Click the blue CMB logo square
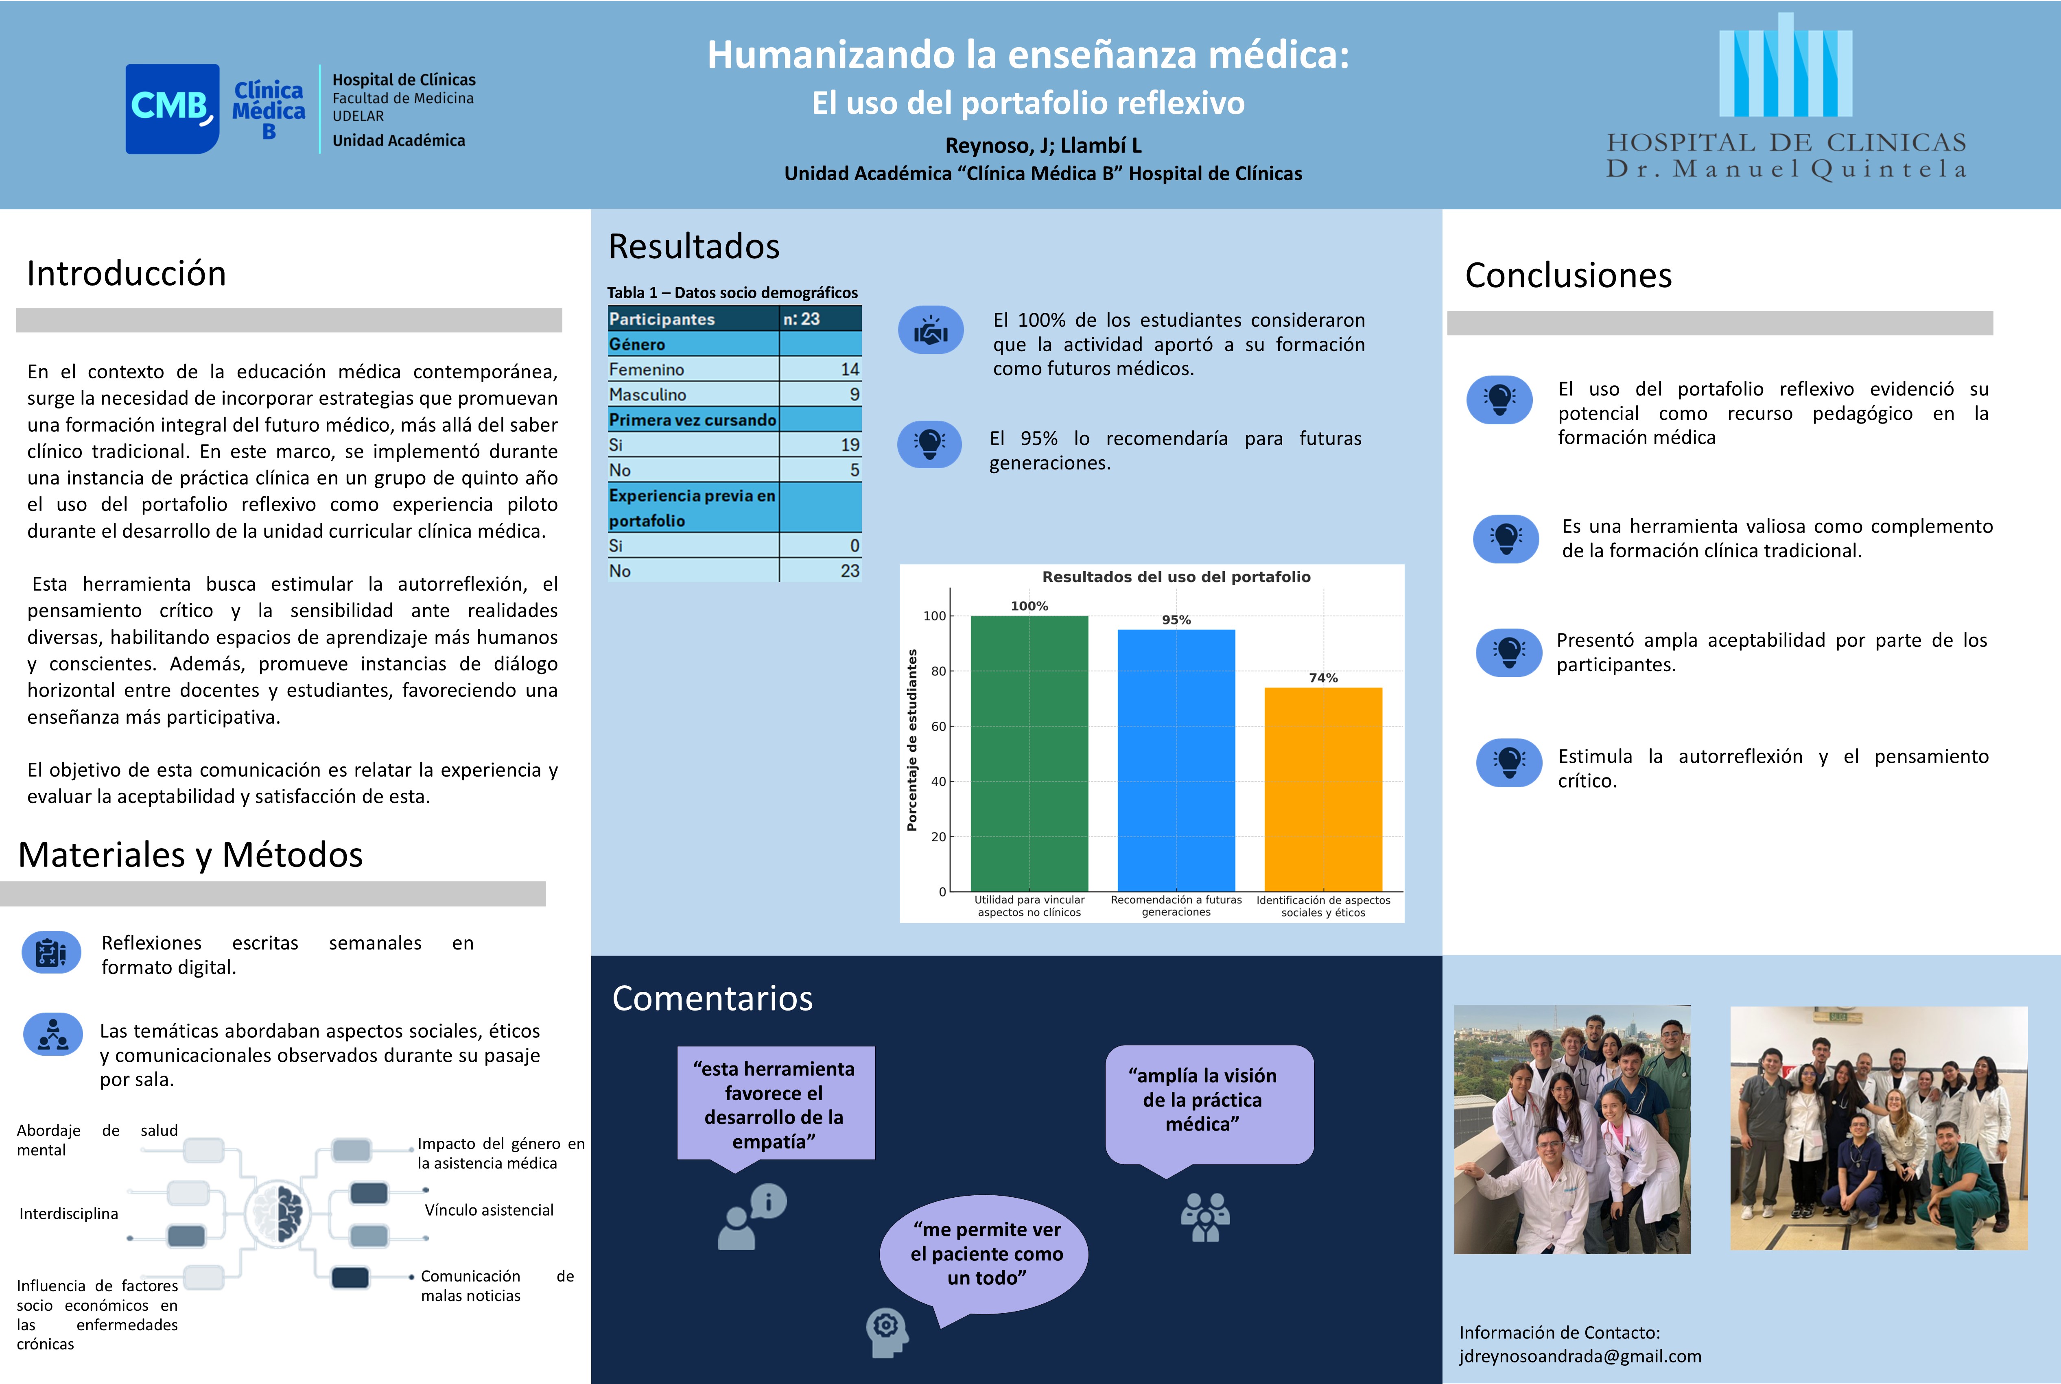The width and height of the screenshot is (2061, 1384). (172, 109)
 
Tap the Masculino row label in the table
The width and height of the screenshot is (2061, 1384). (648, 395)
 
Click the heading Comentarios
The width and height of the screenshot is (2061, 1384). (712, 998)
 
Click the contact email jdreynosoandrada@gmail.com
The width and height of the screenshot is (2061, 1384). (1580, 1356)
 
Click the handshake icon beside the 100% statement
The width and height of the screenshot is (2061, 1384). (930, 331)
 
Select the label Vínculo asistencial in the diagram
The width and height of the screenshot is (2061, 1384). (489, 1210)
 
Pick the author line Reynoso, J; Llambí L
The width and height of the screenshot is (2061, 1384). (1043, 146)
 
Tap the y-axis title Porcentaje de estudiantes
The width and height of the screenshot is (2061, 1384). (912, 740)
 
